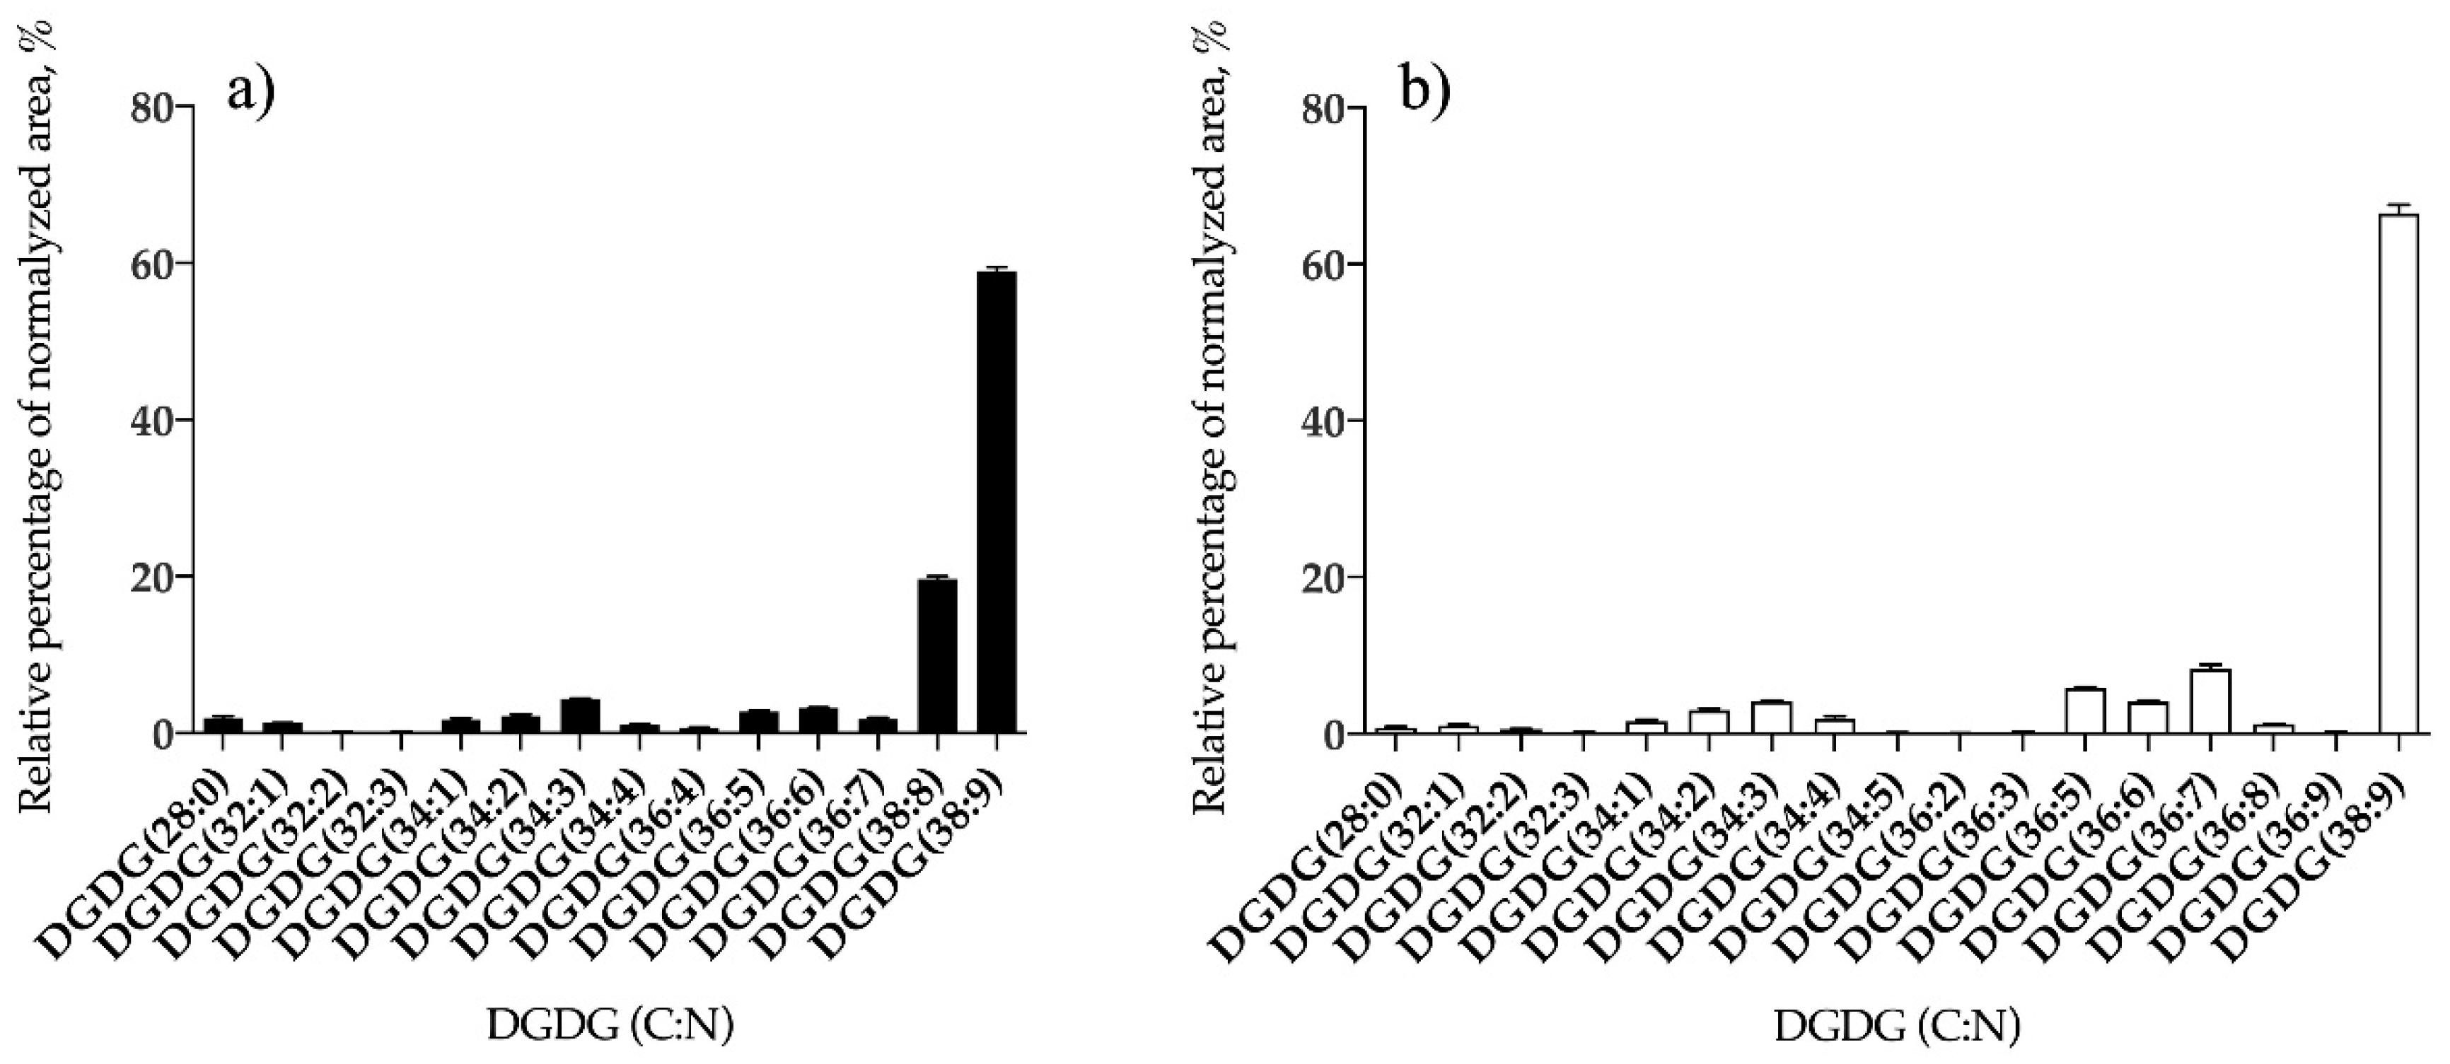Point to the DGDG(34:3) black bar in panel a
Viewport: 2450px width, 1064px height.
(579, 715)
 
